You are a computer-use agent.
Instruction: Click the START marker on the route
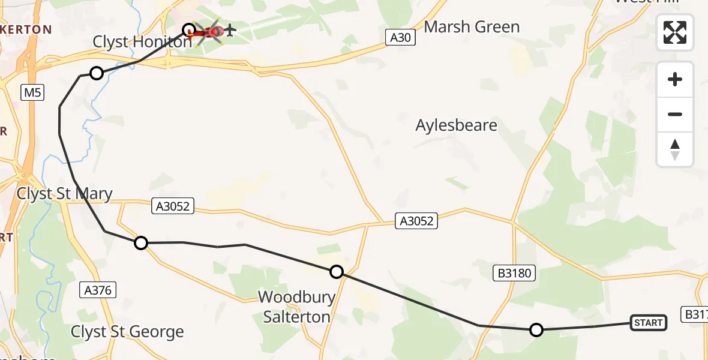(x=648, y=323)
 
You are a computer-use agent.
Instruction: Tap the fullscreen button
(x=675, y=32)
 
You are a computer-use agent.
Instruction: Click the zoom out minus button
(x=675, y=114)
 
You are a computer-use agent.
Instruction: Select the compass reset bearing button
(x=675, y=149)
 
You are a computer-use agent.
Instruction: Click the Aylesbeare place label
(x=457, y=125)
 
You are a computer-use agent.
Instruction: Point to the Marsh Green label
(x=472, y=27)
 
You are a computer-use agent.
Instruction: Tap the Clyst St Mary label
(x=65, y=193)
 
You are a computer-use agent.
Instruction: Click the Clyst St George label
(x=127, y=332)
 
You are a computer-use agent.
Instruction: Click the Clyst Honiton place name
(x=142, y=41)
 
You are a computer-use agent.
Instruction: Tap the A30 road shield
(x=400, y=38)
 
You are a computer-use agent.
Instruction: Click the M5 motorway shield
(x=32, y=92)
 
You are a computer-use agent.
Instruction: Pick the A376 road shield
(x=98, y=290)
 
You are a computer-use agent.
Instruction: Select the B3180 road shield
(x=514, y=274)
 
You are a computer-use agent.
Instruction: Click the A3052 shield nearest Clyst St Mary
(x=173, y=206)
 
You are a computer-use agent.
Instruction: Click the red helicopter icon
(x=208, y=31)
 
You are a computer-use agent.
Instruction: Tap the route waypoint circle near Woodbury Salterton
(x=337, y=272)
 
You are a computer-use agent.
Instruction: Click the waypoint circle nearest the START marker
(x=536, y=329)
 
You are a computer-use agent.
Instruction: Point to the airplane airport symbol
(x=230, y=29)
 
